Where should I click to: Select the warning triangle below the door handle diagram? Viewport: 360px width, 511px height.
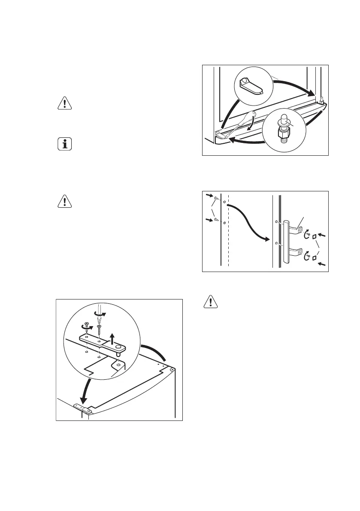pos(210,302)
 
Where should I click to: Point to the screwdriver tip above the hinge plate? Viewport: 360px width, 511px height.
pos(99,320)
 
